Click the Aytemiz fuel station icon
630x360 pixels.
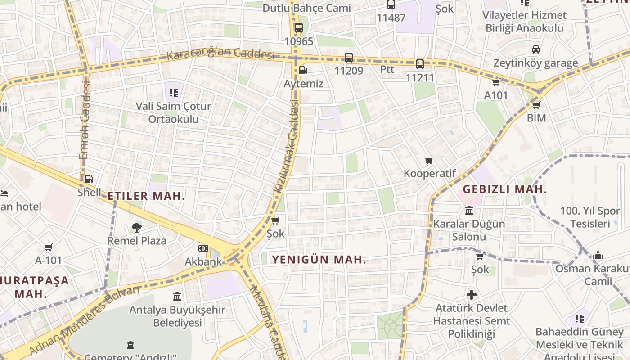304,70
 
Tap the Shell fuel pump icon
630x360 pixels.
89,179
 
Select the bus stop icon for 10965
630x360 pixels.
298,28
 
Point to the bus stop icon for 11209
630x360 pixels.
349,58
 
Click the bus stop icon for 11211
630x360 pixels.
420,64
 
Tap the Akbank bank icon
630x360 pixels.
203,248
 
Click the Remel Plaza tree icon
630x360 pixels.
136,228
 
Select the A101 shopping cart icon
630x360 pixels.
496,82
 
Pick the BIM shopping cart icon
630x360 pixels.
536,105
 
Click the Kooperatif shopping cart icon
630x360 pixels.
429,161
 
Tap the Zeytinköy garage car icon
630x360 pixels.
535,49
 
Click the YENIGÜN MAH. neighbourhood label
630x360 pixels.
319,260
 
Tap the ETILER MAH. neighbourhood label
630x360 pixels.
146,196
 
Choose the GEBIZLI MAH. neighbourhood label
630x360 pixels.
505,189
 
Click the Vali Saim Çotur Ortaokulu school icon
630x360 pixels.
174,93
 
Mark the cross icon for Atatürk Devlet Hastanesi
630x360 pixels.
472,295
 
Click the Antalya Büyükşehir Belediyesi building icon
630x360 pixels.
177,296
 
